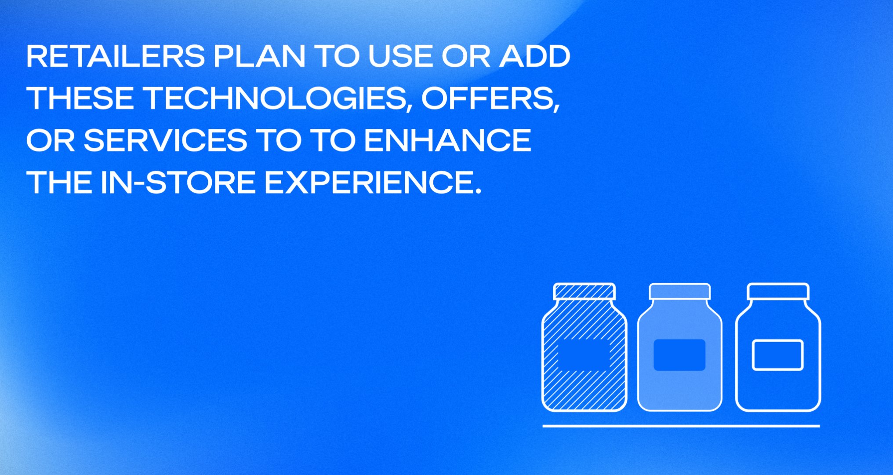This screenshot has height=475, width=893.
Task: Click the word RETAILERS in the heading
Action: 116,56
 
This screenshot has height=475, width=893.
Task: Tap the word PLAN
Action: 259,56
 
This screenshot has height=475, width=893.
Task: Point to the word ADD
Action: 534,56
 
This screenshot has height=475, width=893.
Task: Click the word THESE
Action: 80,98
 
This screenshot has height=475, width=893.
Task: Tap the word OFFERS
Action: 490,99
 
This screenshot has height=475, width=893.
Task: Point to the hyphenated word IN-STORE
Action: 178,182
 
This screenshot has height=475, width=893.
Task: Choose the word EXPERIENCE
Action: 367,182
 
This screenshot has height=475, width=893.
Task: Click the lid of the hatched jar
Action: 584,292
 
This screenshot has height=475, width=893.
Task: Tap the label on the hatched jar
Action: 584,355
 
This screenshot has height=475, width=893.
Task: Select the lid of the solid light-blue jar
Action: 680,292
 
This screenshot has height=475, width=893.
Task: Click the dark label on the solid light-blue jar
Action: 679,355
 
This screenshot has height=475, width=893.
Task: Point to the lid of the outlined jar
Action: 778,292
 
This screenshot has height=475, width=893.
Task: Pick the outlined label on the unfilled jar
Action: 778,355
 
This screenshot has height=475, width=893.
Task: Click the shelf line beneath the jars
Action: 681,426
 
